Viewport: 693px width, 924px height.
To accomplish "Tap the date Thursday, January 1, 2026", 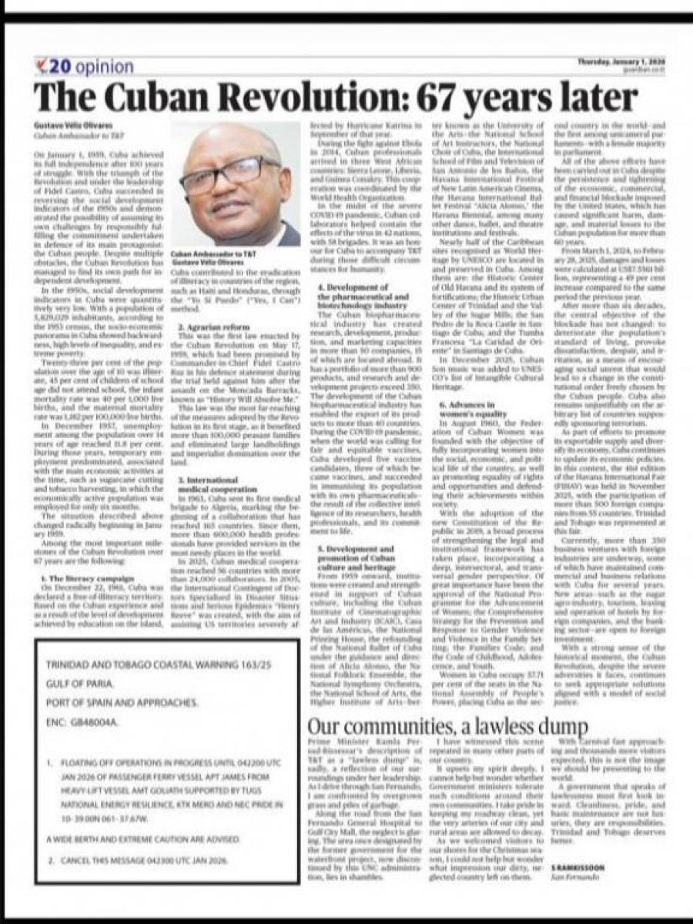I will pyautogui.click(x=620, y=62).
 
